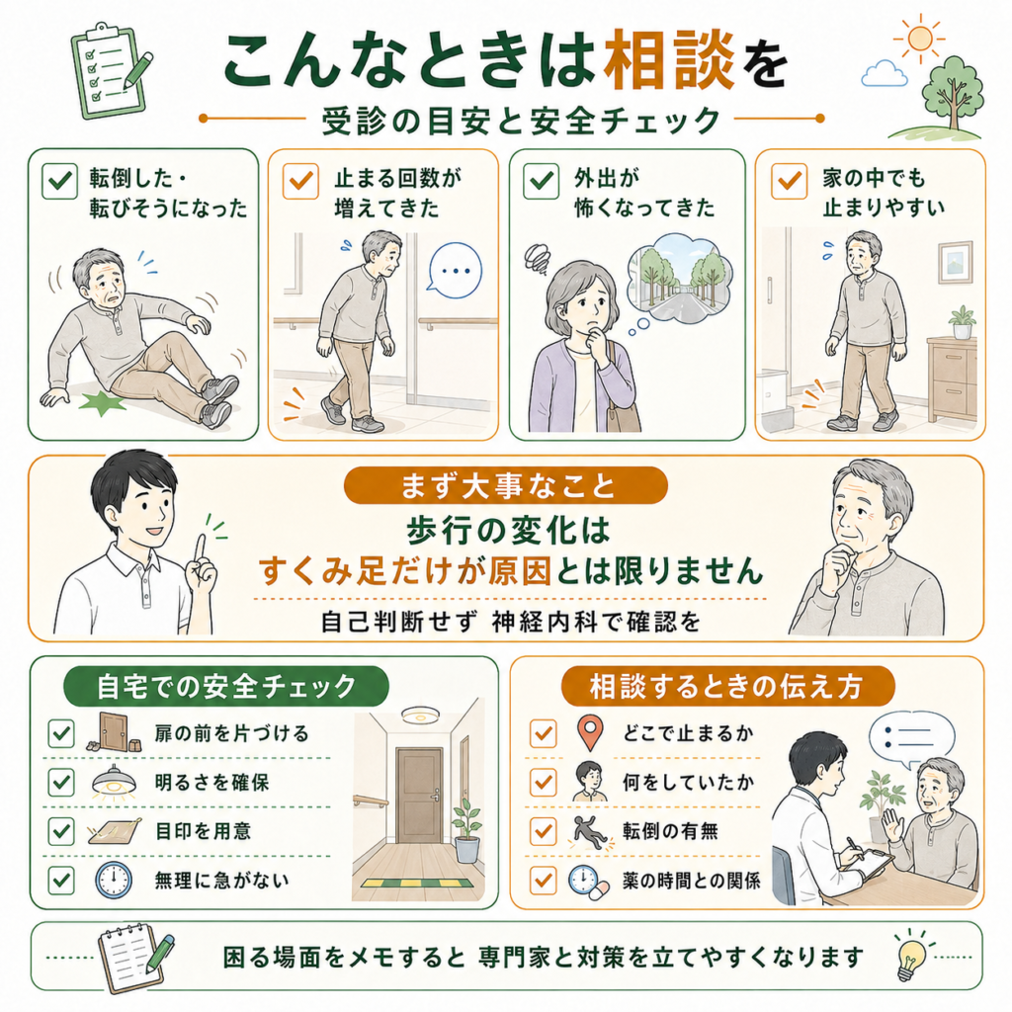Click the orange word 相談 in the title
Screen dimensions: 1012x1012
click(x=669, y=60)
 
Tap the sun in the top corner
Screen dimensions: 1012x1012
click(x=919, y=39)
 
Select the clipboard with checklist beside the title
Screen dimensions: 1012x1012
click(x=111, y=71)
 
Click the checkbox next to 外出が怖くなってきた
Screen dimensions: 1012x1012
click(x=541, y=181)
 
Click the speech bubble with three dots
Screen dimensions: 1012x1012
click(x=455, y=271)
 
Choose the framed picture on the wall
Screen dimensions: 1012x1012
click(x=956, y=261)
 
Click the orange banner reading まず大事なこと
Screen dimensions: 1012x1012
click(x=505, y=485)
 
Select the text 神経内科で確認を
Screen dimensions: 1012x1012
click(x=596, y=623)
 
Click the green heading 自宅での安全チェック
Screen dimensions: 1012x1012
click(x=226, y=686)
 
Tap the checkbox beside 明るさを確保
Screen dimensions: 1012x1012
click(x=61, y=783)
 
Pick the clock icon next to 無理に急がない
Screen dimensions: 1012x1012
click(x=114, y=881)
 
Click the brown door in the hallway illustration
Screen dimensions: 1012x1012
click(x=419, y=796)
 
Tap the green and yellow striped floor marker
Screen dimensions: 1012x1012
click(x=421, y=883)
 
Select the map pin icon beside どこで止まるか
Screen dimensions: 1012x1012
click(x=590, y=732)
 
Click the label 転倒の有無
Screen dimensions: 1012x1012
click(x=670, y=831)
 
